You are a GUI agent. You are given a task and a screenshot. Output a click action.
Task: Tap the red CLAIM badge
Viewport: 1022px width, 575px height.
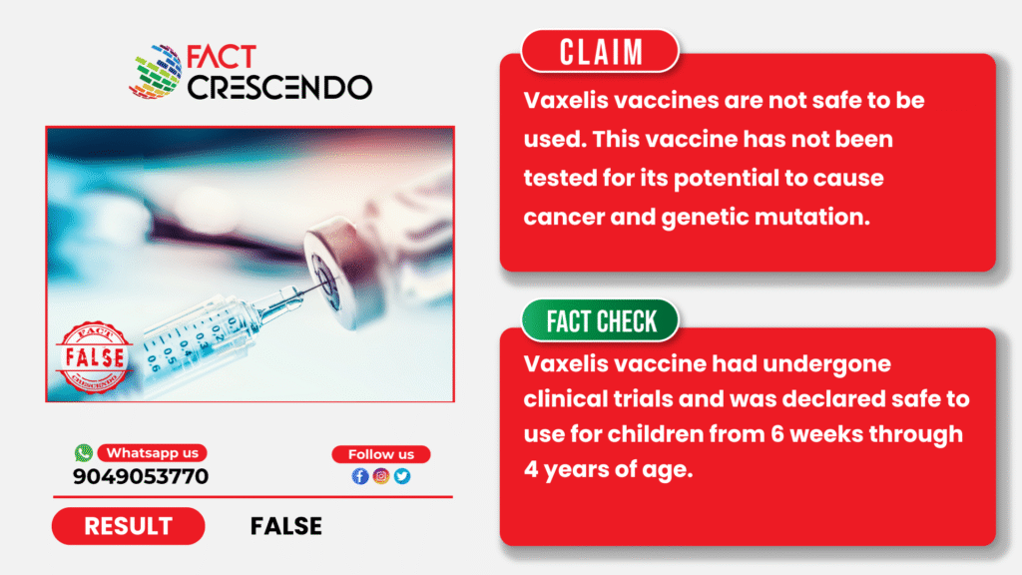(600, 52)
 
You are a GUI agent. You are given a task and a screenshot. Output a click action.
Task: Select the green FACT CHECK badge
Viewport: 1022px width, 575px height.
(600, 320)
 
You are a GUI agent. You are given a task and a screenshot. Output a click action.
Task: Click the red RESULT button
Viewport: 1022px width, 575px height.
(129, 526)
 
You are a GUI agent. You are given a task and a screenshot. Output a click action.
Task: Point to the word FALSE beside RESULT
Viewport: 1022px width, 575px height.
(286, 526)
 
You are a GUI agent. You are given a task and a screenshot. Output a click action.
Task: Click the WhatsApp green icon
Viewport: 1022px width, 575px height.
(84, 452)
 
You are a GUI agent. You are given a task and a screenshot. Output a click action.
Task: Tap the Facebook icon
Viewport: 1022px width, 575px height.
(360, 476)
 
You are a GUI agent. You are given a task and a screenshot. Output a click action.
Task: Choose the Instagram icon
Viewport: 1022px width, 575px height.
(381, 476)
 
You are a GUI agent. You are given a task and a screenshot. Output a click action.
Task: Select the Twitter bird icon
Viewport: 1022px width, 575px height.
(402, 476)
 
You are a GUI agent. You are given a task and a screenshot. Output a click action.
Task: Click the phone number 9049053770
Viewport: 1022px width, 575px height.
(141, 476)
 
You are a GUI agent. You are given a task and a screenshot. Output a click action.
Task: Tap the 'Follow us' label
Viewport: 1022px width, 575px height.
(381, 454)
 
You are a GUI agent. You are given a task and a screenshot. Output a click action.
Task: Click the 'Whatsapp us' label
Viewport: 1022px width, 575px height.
(153, 453)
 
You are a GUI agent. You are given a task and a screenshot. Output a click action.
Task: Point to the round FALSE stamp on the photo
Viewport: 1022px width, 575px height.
(94, 357)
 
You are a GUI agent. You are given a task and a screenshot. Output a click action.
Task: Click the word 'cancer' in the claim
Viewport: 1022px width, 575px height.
(564, 217)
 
